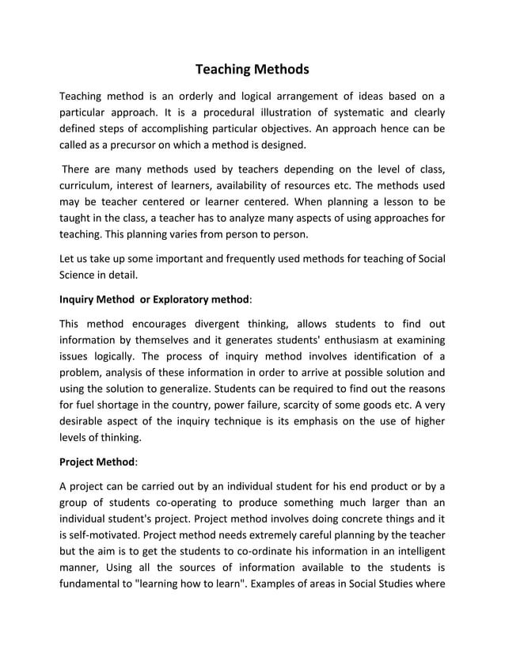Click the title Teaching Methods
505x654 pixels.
[252, 69]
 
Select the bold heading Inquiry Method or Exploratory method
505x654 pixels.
[155, 300]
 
